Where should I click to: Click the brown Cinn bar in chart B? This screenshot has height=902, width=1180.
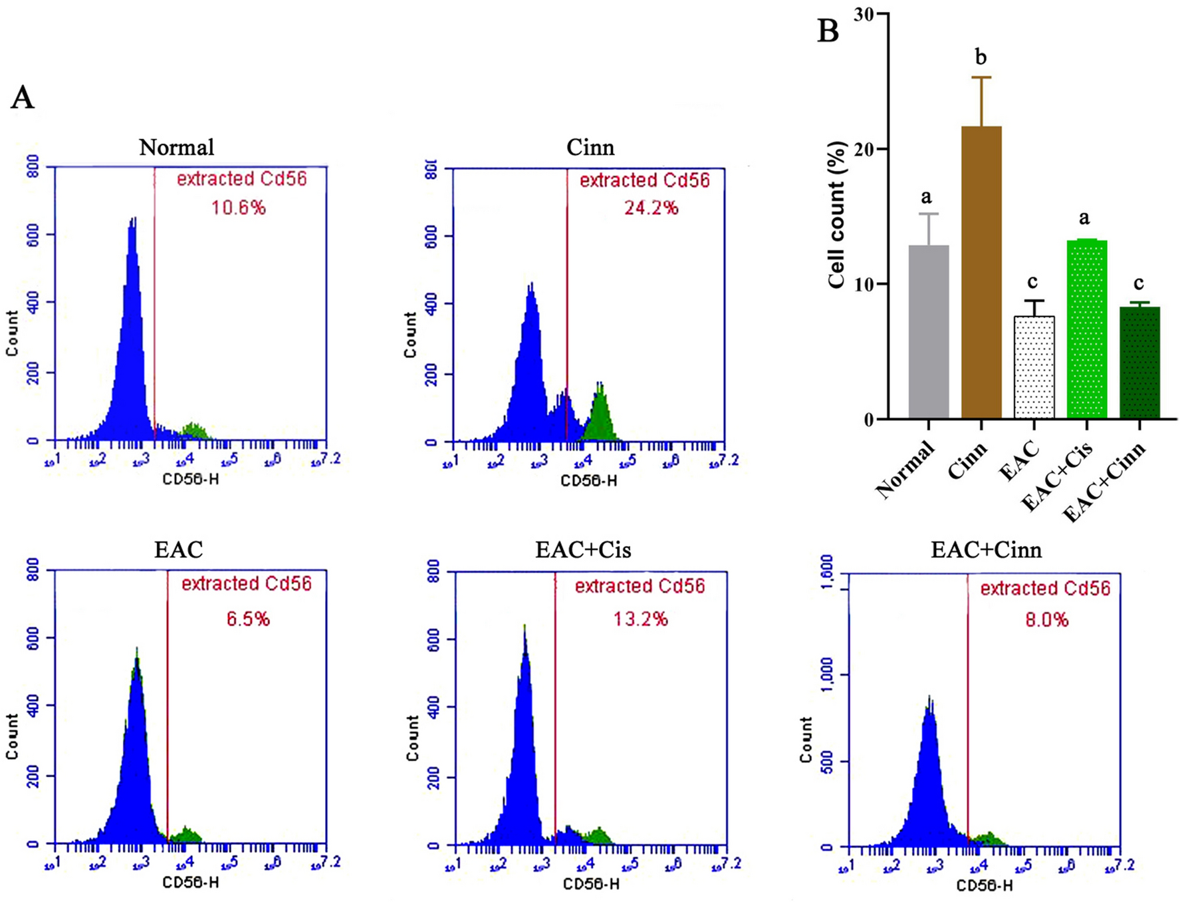pos(981,273)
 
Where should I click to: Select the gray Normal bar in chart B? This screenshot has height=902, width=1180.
pos(928,333)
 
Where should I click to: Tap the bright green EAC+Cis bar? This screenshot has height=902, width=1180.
pos(1086,329)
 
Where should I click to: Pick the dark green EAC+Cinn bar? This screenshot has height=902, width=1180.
pos(1139,363)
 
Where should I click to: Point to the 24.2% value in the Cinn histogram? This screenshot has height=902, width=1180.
pos(651,208)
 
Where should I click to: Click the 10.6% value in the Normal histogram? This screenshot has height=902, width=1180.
pos(239,208)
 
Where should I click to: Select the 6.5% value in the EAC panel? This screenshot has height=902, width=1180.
pos(248,619)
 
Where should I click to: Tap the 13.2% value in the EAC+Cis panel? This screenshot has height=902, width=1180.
pos(640,619)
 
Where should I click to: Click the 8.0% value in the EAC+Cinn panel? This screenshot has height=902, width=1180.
pos(1046,620)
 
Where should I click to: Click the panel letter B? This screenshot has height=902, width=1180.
pos(828,31)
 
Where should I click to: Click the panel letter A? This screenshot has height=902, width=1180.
pos(22,98)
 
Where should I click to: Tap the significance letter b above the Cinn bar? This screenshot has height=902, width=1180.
pos(981,58)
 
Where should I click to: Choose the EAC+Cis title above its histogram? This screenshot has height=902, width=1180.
pos(582,549)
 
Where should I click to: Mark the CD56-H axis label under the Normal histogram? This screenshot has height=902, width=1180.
pos(191,478)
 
